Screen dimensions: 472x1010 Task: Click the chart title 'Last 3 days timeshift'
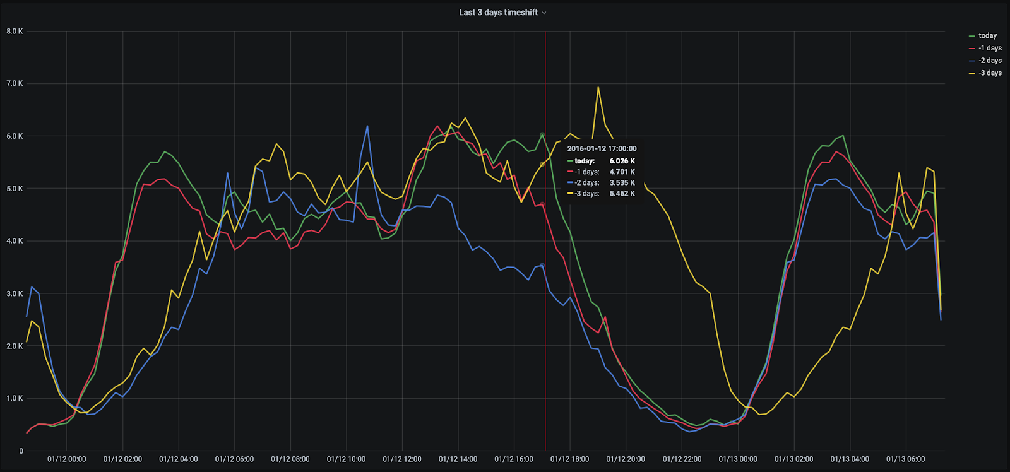(x=498, y=13)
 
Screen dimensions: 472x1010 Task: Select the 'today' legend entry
(x=987, y=36)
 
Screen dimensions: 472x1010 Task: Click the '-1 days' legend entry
(x=990, y=48)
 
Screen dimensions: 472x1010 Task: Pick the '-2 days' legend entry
(x=990, y=61)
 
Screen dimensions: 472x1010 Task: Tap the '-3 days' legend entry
(x=990, y=73)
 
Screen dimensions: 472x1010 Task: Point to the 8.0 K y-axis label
(x=15, y=31)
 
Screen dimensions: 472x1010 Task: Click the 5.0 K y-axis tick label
(x=15, y=189)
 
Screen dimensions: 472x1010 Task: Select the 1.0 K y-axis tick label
(x=15, y=398)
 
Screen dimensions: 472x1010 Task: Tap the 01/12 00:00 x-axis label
(x=66, y=459)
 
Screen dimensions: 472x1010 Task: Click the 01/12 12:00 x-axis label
(x=402, y=459)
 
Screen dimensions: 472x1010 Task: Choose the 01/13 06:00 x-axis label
(x=905, y=459)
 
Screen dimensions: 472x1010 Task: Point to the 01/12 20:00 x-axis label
(x=626, y=459)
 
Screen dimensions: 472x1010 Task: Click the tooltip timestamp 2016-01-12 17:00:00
(x=602, y=149)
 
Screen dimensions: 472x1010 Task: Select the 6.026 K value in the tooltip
(x=622, y=161)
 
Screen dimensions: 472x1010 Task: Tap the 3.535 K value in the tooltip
(x=622, y=183)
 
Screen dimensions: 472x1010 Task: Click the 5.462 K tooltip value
(x=622, y=194)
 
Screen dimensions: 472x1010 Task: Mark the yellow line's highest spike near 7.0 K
(x=598, y=88)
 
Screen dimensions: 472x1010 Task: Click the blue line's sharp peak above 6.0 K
(x=367, y=126)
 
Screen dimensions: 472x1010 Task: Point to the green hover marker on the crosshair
(x=542, y=134)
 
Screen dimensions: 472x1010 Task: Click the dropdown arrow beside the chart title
(x=544, y=13)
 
